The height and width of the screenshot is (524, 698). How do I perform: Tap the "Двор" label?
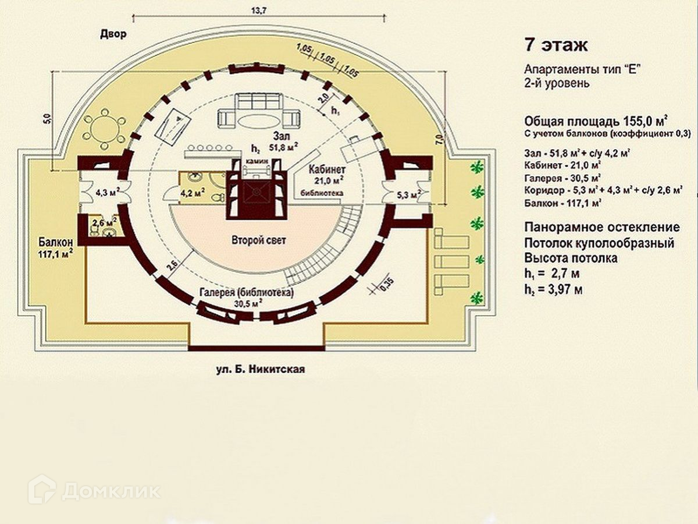coord(113,35)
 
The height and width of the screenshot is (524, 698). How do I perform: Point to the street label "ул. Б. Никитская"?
coord(260,369)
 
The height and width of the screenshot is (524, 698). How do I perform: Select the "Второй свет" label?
coord(258,240)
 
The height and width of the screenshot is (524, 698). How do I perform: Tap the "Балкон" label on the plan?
coord(56,242)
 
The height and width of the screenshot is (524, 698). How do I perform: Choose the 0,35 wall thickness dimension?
coord(384,287)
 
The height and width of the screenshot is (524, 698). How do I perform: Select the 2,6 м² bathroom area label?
coord(102,221)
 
